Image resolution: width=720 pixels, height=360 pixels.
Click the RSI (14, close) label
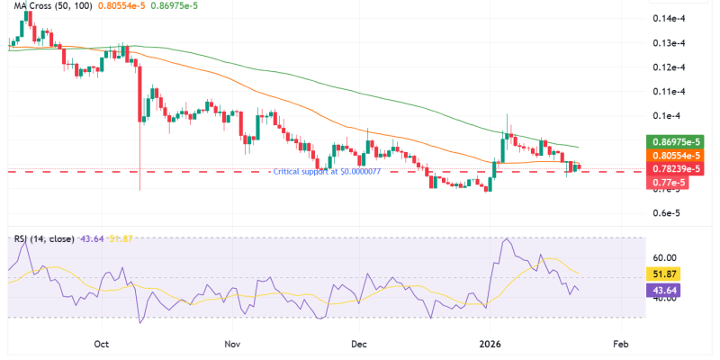[44, 238]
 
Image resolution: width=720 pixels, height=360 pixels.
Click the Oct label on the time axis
[101, 344]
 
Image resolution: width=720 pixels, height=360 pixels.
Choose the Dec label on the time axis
[359, 344]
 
